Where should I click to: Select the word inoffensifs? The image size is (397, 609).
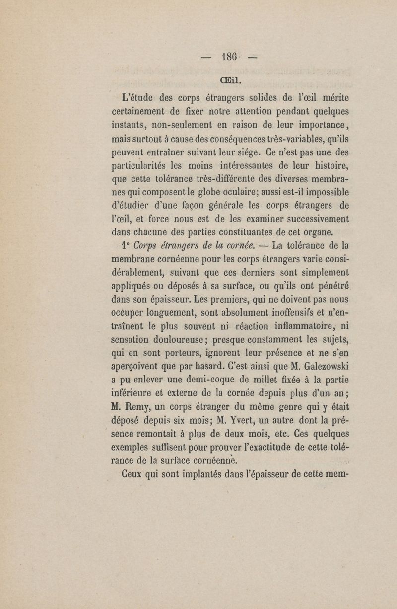click(x=281, y=313)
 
